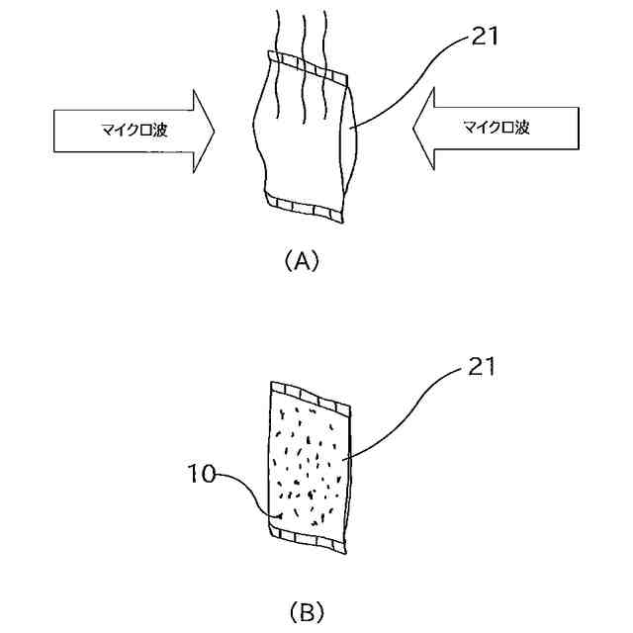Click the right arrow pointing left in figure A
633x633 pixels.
point(504,128)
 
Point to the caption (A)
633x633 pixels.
point(302,262)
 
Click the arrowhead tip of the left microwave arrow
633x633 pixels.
point(215,128)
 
